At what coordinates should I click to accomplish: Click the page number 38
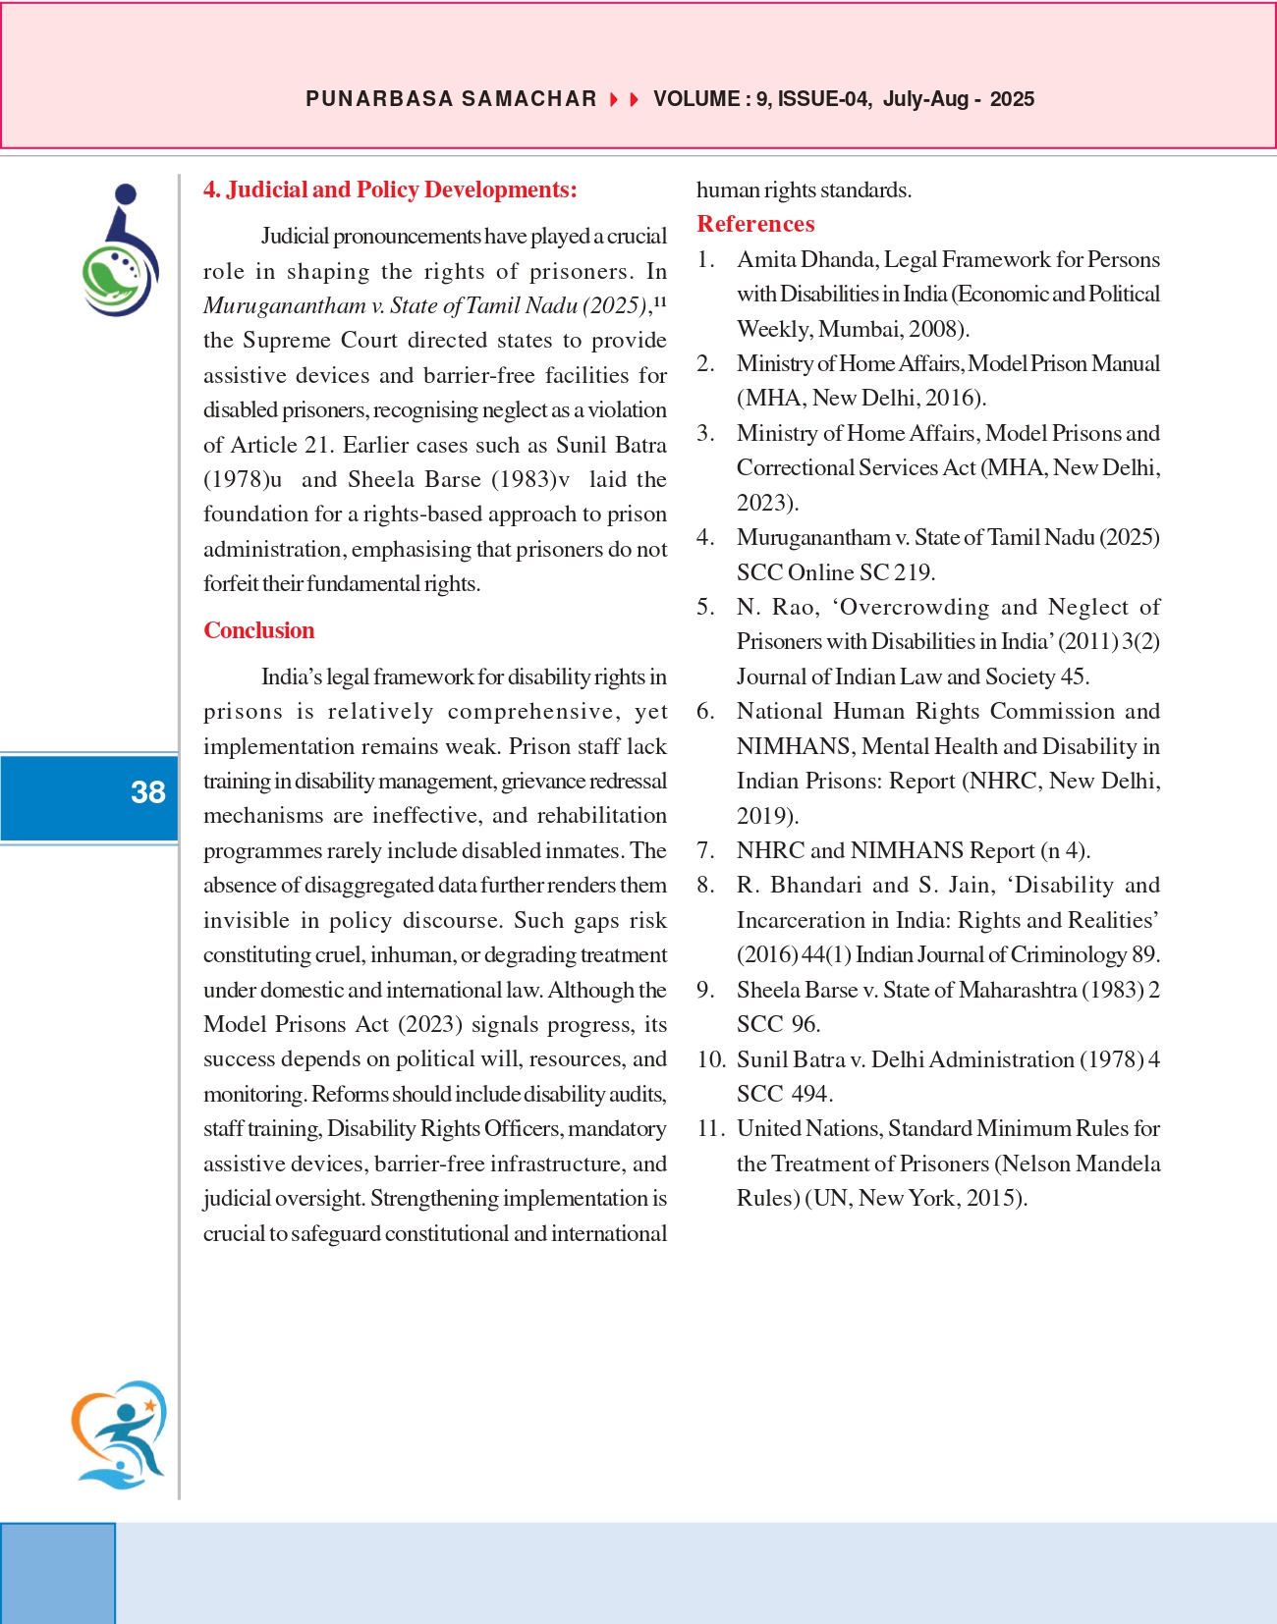coord(148,792)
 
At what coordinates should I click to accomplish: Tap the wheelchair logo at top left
coord(120,250)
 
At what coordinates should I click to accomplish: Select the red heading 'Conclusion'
coord(259,630)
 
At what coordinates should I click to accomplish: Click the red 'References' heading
coord(755,224)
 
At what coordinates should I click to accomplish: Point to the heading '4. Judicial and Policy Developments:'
coord(390,189)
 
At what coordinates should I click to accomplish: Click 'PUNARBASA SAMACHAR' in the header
coord(451,99)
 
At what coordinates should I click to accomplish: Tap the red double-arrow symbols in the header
coord(625,99)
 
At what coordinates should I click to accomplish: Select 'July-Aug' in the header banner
coord(925,99)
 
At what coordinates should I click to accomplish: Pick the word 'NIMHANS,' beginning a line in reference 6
coord(794,746)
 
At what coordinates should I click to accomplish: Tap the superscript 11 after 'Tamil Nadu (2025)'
coord(660,301)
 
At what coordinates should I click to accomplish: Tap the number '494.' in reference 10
coord(812,1094)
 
